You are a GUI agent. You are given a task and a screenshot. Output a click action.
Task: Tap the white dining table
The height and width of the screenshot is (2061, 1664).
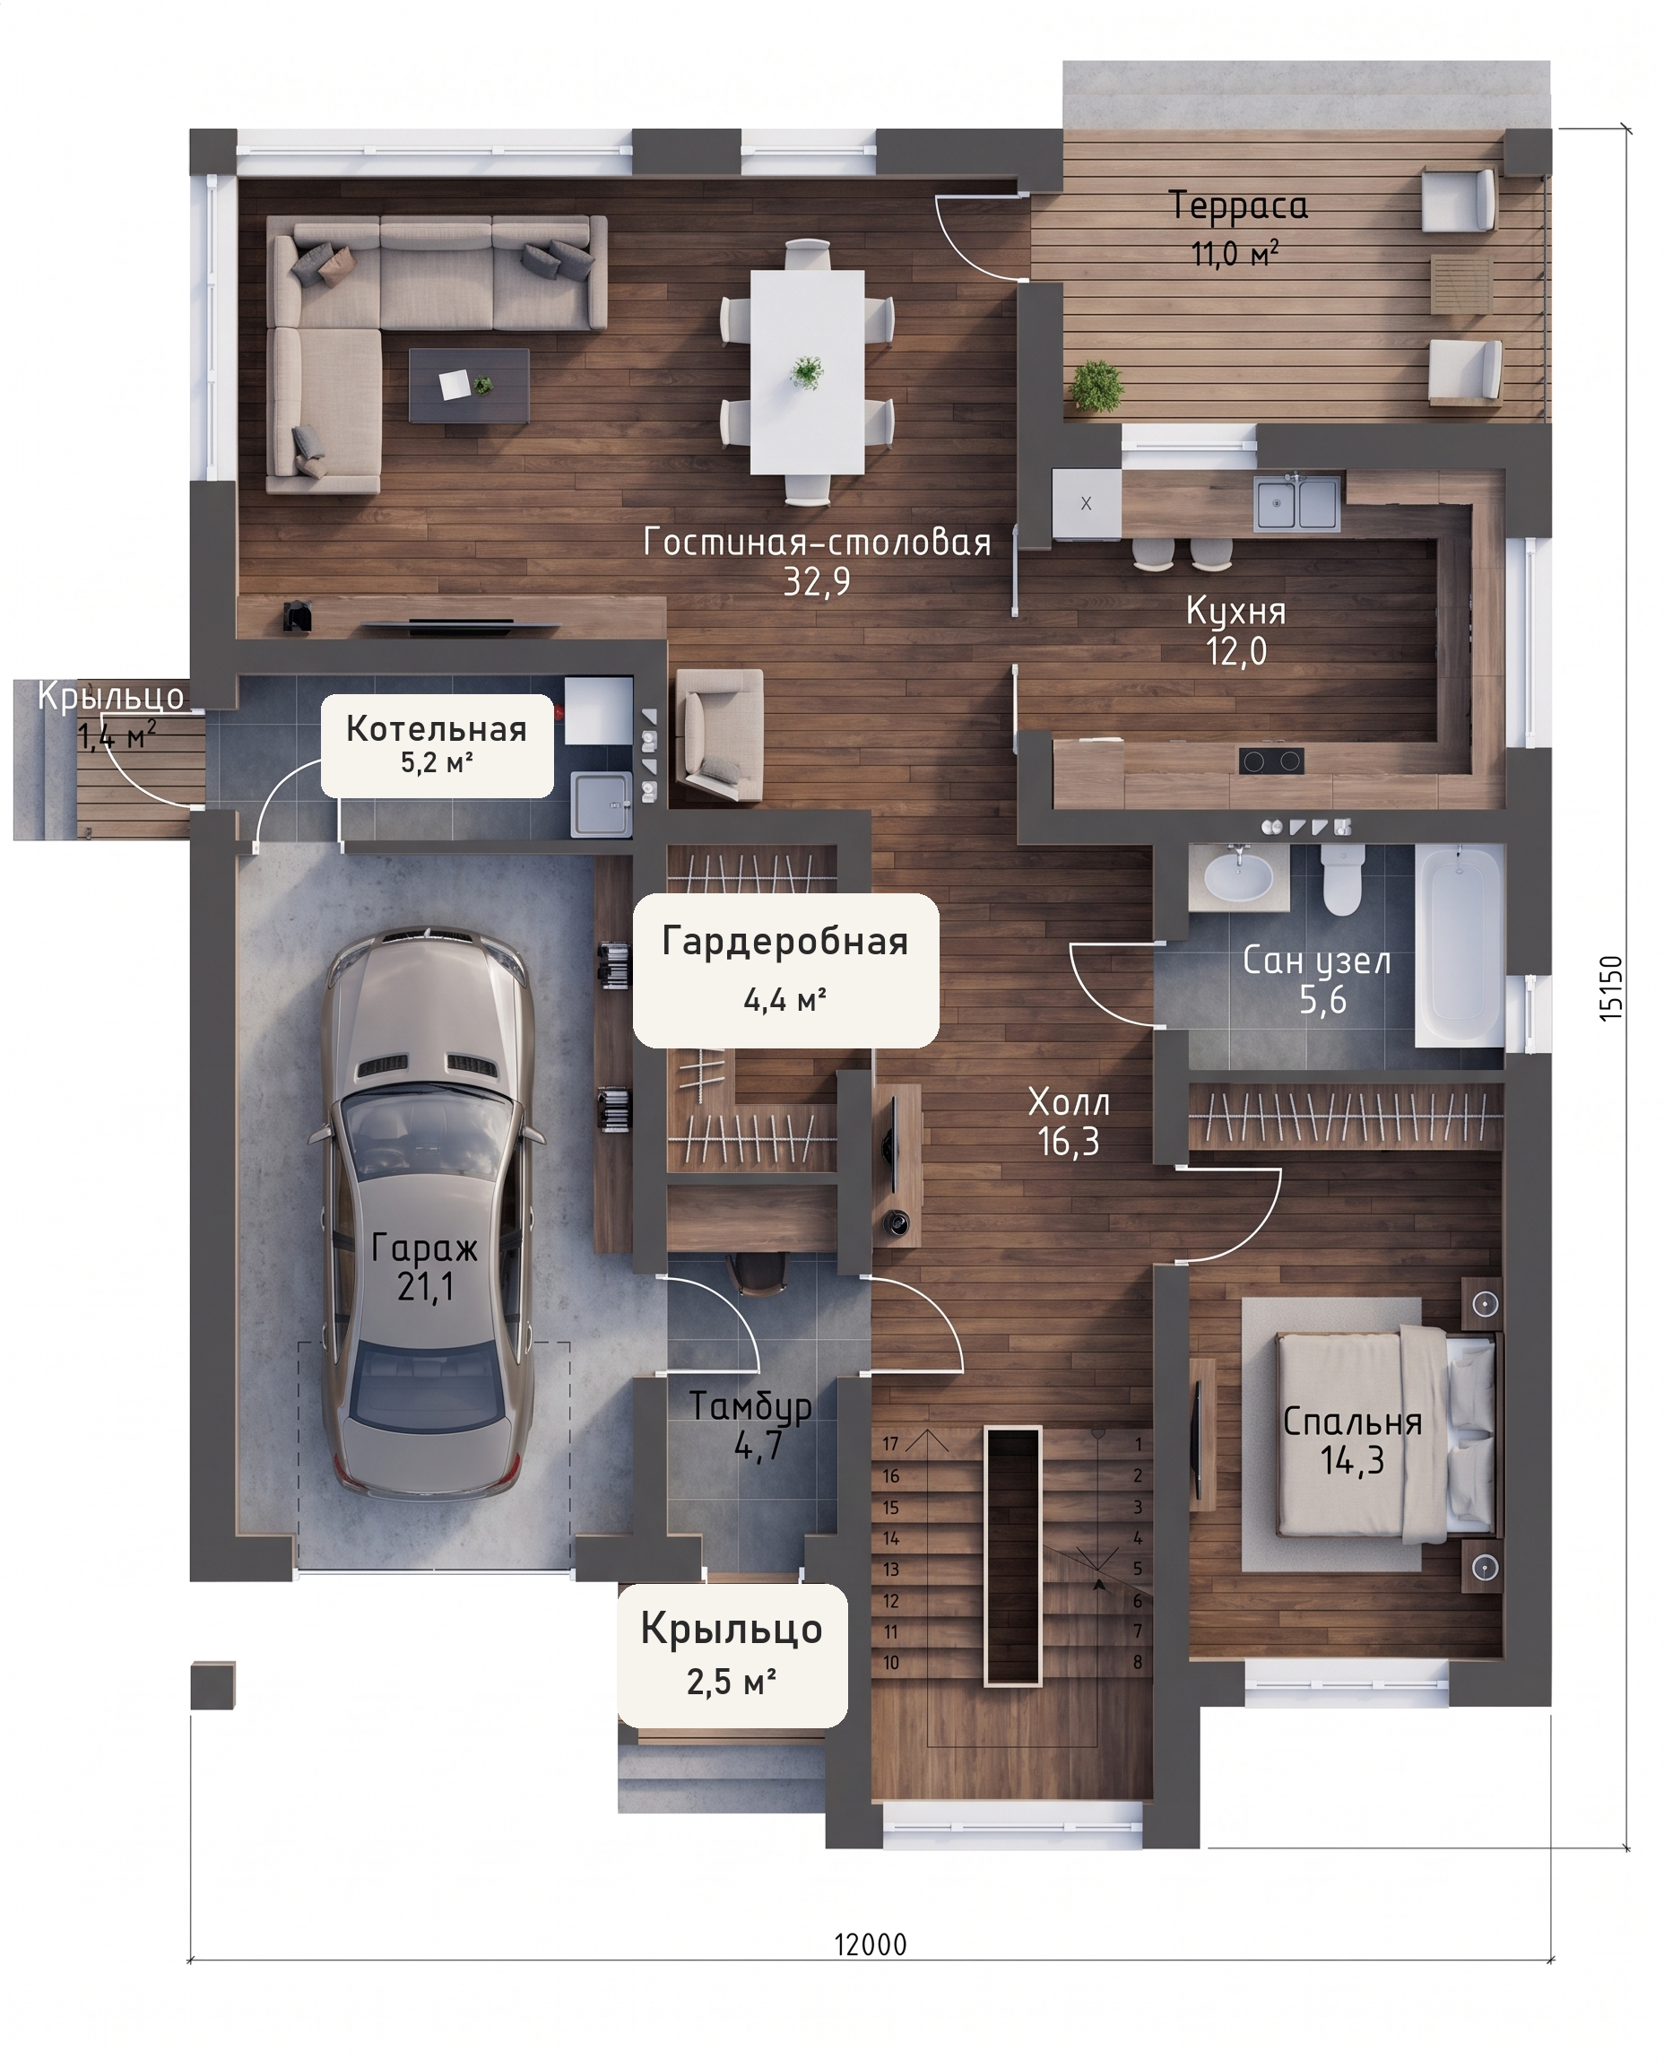coord(807,372)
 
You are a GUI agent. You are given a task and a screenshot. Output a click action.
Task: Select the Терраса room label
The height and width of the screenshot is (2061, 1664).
coord(1237,206)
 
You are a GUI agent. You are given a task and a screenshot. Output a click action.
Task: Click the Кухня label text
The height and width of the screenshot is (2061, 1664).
coord(1235,611)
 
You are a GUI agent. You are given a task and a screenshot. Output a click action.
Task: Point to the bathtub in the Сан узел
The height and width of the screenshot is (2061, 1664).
coord(1459,944)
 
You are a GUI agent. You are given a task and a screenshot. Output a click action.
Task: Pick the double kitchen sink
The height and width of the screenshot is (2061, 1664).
coord(1298,503)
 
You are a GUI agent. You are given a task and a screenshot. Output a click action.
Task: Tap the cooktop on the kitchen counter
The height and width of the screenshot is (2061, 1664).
coord(1271,761)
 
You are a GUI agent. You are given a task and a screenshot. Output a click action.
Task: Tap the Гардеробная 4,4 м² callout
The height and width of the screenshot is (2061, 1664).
coord(785,970)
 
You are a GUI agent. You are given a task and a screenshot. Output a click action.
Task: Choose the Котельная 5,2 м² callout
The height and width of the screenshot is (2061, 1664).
coord(438,744)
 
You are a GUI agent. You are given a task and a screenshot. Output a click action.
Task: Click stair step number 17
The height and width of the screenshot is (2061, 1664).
coord(890,1444)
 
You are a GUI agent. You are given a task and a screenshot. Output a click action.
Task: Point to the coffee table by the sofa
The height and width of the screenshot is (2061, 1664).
coord(469,386)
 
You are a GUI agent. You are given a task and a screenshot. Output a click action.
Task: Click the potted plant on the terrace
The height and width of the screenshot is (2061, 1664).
coord(1096,387)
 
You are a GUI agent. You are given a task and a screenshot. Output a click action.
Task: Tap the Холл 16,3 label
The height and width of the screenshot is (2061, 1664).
coord(1069,1122)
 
